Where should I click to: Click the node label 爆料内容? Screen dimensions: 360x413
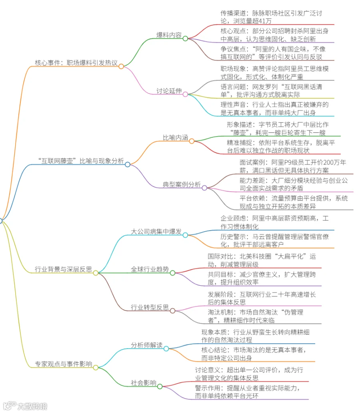click(169, 35)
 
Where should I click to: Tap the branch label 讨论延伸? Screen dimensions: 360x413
click(169, 91)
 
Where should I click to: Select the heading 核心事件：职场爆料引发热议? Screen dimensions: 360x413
click(76, 63)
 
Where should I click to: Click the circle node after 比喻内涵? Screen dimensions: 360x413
click(192, 141)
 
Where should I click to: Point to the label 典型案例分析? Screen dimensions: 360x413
click(182, 184)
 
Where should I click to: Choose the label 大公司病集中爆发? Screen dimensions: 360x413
click(156, 232)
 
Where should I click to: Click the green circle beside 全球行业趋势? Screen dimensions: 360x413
click(172, 273)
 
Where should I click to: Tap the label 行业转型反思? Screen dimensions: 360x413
click(150, 307)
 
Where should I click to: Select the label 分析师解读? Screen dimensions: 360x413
click(147, 345)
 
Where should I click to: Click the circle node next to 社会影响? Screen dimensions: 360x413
click(160, 387)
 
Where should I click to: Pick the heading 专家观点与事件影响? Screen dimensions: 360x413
click(64, 364)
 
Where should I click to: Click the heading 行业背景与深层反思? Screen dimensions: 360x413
click(64, 269)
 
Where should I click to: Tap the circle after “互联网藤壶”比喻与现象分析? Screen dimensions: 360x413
click(128, 164)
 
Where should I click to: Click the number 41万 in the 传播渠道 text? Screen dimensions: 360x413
click(265, 21)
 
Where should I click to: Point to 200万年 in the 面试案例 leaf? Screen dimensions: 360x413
click(335, 162)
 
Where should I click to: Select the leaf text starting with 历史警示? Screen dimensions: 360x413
click(275, 241)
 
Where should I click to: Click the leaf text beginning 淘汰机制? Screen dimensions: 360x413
click(256, 316)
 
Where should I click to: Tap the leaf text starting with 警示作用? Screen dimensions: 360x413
click(247, 392)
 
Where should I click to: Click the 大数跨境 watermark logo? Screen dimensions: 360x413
click(25, 406)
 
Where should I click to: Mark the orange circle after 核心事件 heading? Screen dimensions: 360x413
click(121, 66)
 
